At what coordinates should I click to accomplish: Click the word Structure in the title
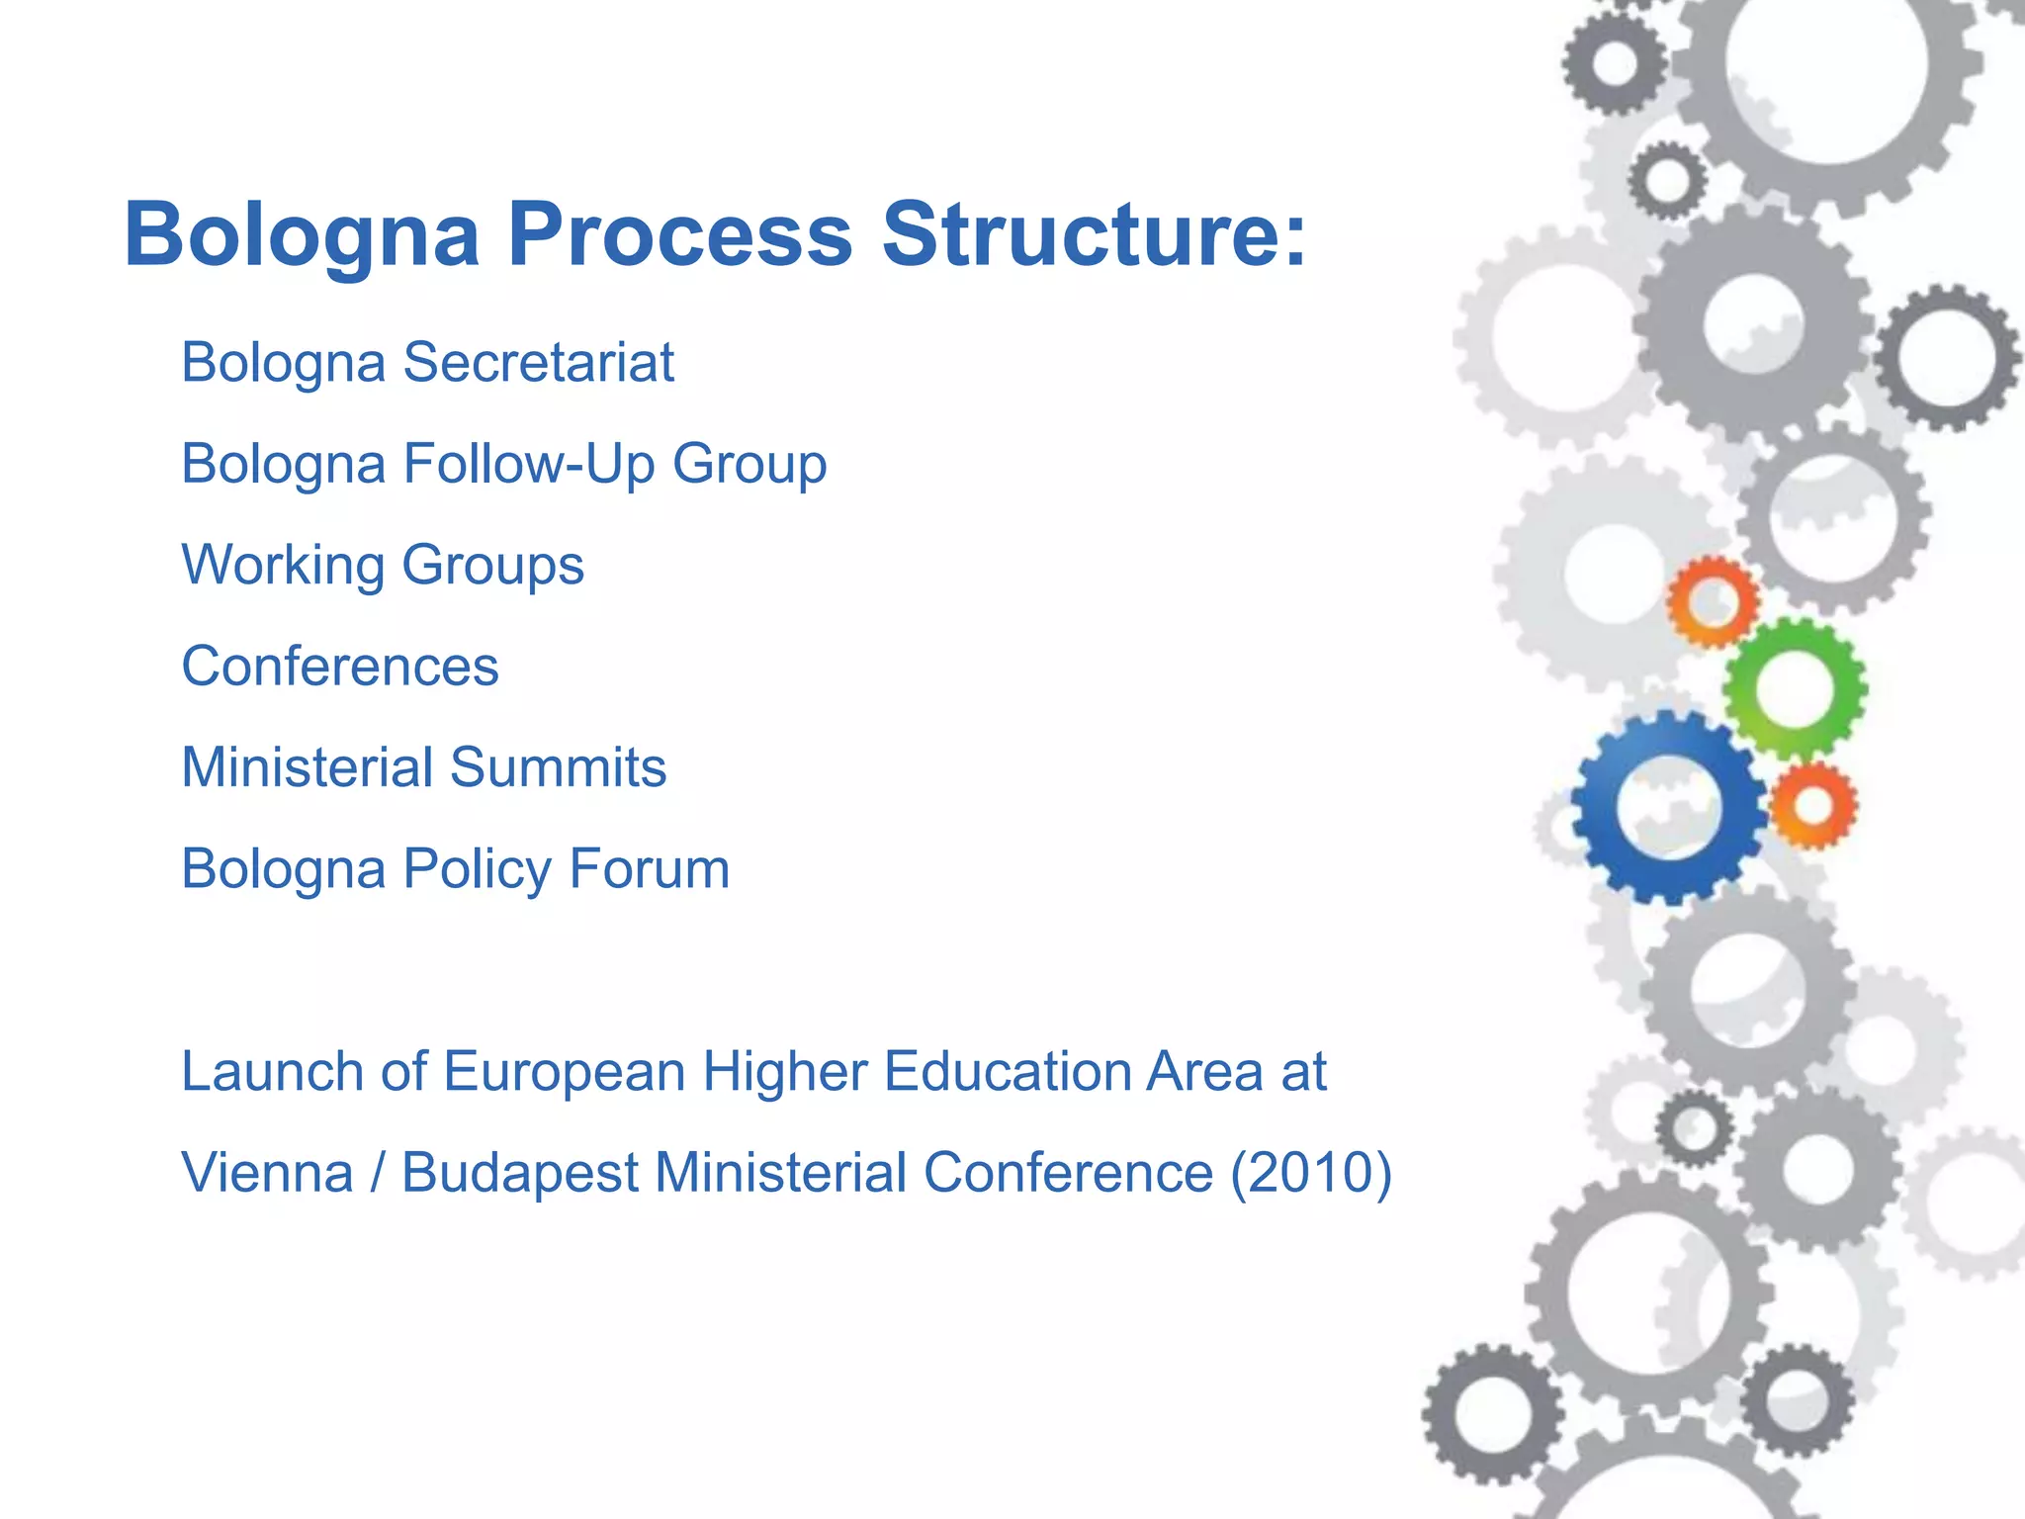1094,235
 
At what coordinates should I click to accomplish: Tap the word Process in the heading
680,235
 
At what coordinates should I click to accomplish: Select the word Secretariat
538,362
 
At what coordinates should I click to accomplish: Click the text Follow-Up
528,463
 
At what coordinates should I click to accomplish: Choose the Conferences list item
340,667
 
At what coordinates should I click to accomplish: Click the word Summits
559,767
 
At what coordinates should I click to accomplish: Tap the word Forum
650,869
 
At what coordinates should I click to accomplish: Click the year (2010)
1311,1173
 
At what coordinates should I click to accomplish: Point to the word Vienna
267,1173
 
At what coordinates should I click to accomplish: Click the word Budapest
520,1175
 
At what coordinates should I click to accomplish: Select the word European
564,1073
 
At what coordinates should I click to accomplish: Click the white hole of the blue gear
1669,807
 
